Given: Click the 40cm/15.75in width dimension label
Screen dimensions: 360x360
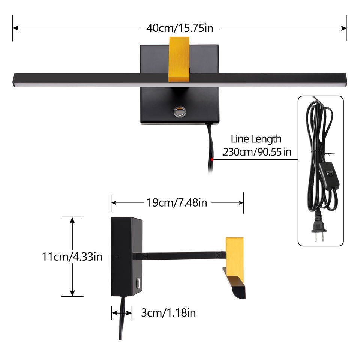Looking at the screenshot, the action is point(180,28).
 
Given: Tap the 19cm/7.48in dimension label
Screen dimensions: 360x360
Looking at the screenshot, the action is point(177,203).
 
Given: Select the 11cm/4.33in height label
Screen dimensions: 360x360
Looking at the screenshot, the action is point(72,256).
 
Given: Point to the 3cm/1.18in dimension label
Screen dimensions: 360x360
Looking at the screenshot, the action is point(168,312).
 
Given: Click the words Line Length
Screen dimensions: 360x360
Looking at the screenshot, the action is point(256,139).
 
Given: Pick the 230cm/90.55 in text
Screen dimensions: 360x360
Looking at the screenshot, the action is point(257,152).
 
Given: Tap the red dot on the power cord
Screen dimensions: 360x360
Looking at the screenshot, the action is point(212,160).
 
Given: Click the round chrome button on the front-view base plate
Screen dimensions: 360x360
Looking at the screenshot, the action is point(180,112).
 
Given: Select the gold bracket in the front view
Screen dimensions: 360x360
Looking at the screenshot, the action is point(179,59).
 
